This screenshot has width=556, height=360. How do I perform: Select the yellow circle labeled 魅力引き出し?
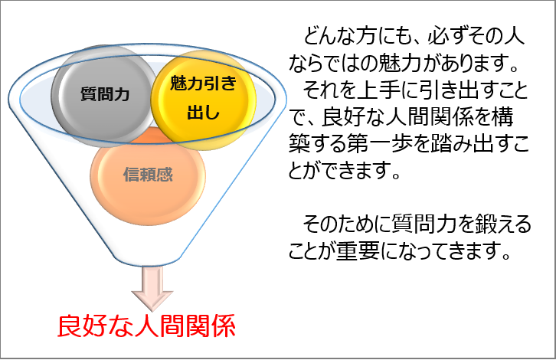pos(203,100)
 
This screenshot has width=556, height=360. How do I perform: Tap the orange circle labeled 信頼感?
pos(148,175)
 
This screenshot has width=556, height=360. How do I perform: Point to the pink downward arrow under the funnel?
pos(152,288)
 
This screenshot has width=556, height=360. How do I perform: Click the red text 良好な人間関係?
pos(146,326)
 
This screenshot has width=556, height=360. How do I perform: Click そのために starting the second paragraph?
pos(342,224)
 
